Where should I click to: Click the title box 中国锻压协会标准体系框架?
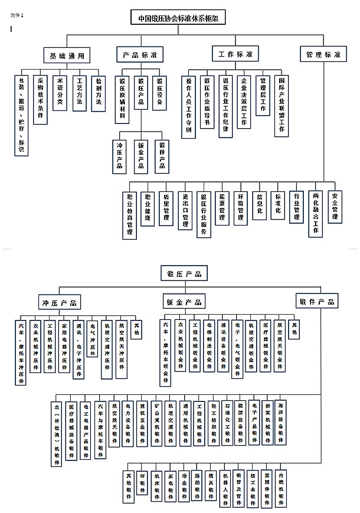pyautogui.click(x=178, y=18)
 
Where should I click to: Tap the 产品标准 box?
pyautogui.click(x=139, y=55)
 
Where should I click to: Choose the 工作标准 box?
pyautogui.click(x=235, y=54)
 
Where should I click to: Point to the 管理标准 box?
pyautogui.click(x=323, y=55)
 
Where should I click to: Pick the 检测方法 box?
pyautogui.click(x=99, y=92)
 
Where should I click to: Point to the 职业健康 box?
pyautogui.click(x=148, y=208)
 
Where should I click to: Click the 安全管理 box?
pyautogui.click(x=335, y=205)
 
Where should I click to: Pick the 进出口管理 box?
pyautogui.click(x=185, y=211)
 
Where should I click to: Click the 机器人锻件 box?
pyautogui.click(x=225, y=488)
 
